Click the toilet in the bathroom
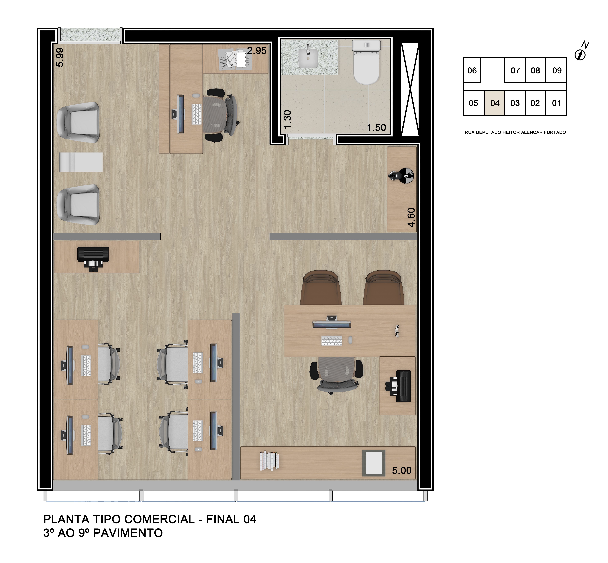[x=366, y=63]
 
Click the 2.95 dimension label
[x=256, y=51]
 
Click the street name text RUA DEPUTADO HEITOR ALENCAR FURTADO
[x=515, y=132]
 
